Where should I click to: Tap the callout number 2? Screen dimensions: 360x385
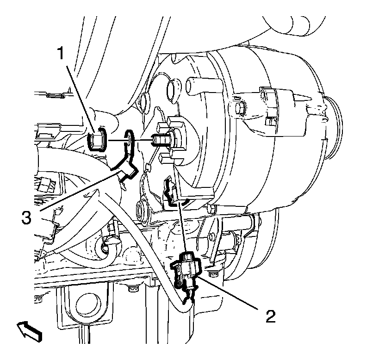coord(270,316)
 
